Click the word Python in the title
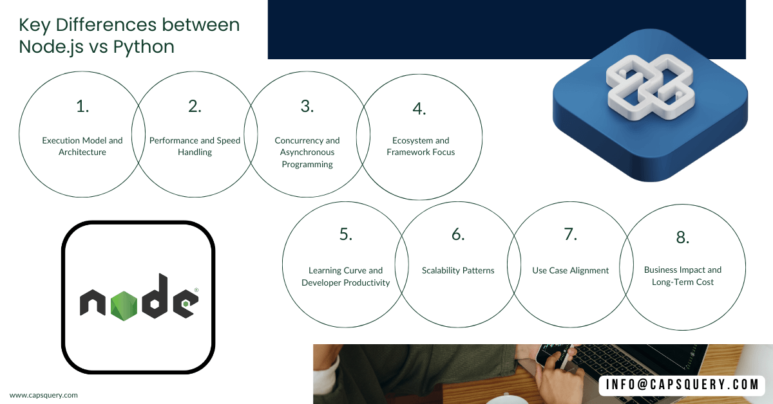144,47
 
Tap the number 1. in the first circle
82,106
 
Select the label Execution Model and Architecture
82,146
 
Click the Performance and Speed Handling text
195,146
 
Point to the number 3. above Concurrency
307,106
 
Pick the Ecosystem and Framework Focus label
421,146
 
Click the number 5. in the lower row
346,234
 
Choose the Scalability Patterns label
458,270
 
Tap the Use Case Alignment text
571,270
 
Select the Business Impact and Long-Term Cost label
683,276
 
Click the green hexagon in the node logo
124,306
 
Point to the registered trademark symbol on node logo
196,290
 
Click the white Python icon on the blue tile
650,87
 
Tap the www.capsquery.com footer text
44,395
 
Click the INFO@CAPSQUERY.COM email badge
682,385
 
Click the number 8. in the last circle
683,237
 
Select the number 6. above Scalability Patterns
458,234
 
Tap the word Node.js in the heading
51,47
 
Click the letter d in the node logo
155,296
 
